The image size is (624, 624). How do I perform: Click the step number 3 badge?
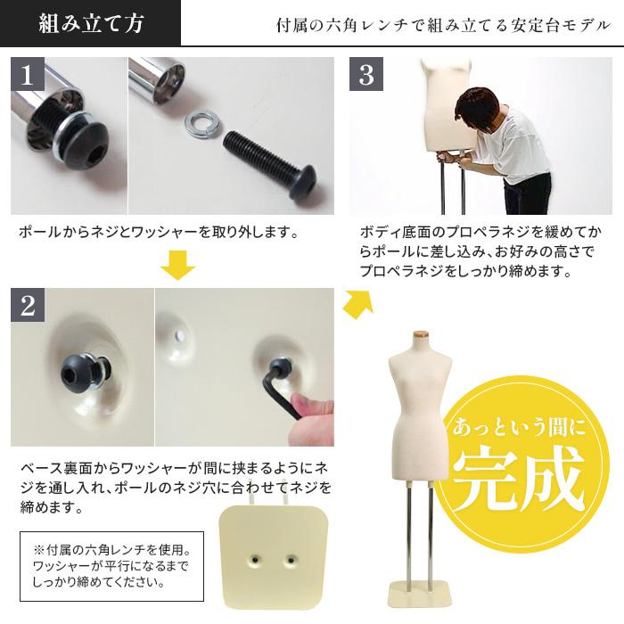(x=365, y=75)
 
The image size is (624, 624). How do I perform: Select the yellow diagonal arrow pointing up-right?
(x=357, y=302)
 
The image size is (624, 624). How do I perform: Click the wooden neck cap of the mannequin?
(x=418, y=335)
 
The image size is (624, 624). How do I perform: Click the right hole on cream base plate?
(x=291, y=560)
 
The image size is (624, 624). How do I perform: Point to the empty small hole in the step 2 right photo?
(x=180, y=333)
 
